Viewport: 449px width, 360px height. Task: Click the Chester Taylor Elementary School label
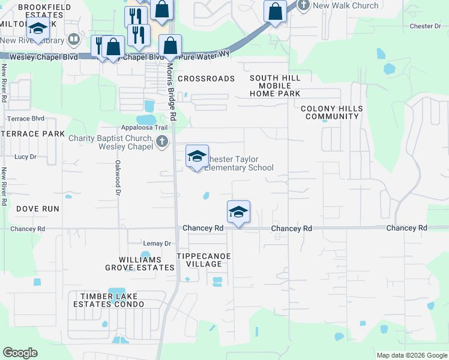240,163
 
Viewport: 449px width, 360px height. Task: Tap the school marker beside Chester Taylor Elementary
197,157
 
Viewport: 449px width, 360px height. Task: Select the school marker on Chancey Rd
238,212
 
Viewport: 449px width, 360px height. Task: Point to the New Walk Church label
346,5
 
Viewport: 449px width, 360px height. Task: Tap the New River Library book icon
74,40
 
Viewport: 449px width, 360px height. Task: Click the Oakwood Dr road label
118,178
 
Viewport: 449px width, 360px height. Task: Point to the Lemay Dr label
157,244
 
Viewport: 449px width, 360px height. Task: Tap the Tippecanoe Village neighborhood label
203,260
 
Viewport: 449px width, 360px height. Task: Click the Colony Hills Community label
332,112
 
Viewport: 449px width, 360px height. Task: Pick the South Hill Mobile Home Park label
275,86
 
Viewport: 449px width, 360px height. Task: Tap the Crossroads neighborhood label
206,79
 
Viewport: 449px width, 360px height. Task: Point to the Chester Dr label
425,26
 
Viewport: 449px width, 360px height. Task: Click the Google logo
20,353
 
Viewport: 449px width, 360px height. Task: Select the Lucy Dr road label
26,157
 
